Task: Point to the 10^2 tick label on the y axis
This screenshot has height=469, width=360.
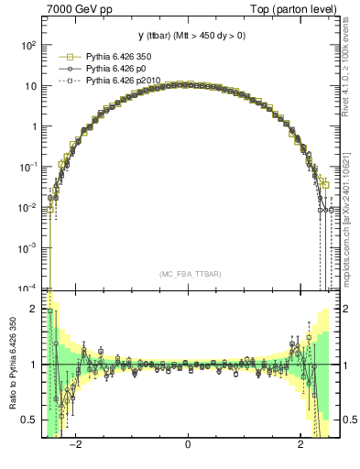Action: (x=28, y=46)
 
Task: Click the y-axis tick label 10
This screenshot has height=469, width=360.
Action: (x=30, y=86)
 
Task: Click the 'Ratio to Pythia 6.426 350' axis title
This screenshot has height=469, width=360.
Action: (x=10, y=365)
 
